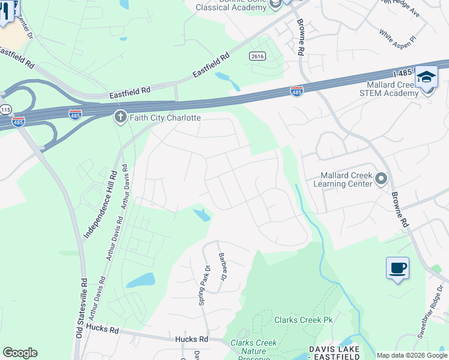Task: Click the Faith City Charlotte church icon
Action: [x=120, y=118]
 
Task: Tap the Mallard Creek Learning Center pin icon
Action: [x=381, y=179]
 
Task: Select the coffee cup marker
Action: [x=397, y=268]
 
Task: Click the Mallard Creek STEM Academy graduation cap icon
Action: [x=426, y=79]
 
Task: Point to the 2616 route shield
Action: [x=258, y=56]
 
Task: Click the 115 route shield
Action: [x=5, y=110]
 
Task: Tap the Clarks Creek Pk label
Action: [x=303, y=320]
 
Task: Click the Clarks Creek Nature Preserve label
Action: [x=254, y=347]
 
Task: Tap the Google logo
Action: [x=20, y=353]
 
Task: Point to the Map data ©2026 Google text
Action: [x=412, y=355]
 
